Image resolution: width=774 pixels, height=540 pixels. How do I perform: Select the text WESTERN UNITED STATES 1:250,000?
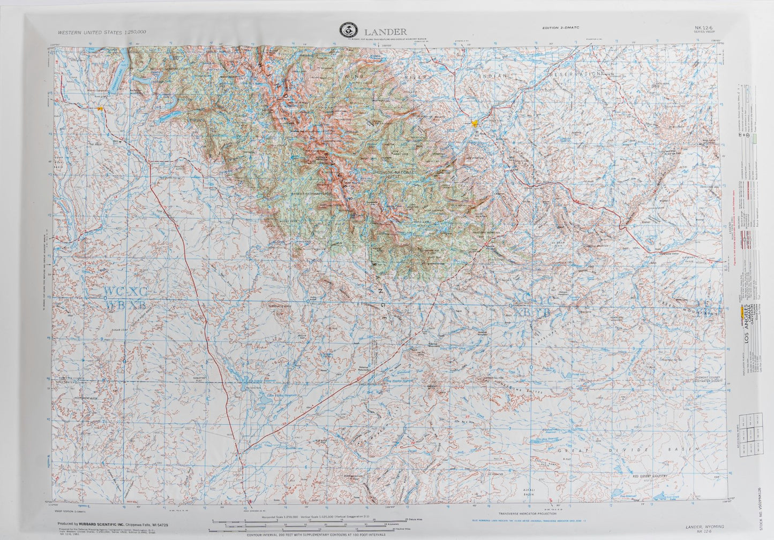click(x=102, y=32)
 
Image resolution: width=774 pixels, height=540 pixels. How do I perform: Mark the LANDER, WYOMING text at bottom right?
click(x=705, y=527)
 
